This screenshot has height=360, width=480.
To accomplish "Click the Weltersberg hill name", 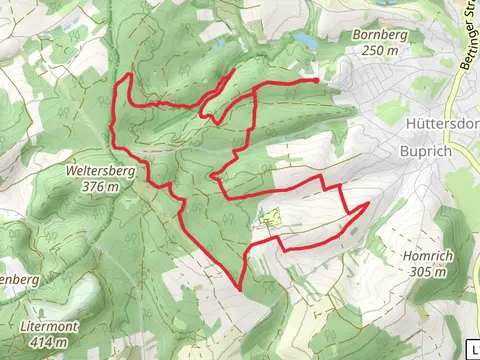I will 100,171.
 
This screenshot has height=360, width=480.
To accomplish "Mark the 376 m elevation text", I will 100,185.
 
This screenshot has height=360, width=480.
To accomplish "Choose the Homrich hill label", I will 427,256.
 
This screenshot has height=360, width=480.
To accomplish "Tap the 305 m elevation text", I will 427,270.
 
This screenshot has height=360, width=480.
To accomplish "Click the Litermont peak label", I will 46,327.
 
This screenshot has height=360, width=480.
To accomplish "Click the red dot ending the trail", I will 316,79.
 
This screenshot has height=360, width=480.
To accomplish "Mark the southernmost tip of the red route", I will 241,290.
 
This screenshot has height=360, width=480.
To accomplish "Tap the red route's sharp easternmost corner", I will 369,203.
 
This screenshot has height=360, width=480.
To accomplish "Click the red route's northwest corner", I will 131,75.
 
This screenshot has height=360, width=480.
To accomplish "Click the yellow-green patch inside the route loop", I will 268,215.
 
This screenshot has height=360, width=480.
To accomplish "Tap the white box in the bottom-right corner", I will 471,350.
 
